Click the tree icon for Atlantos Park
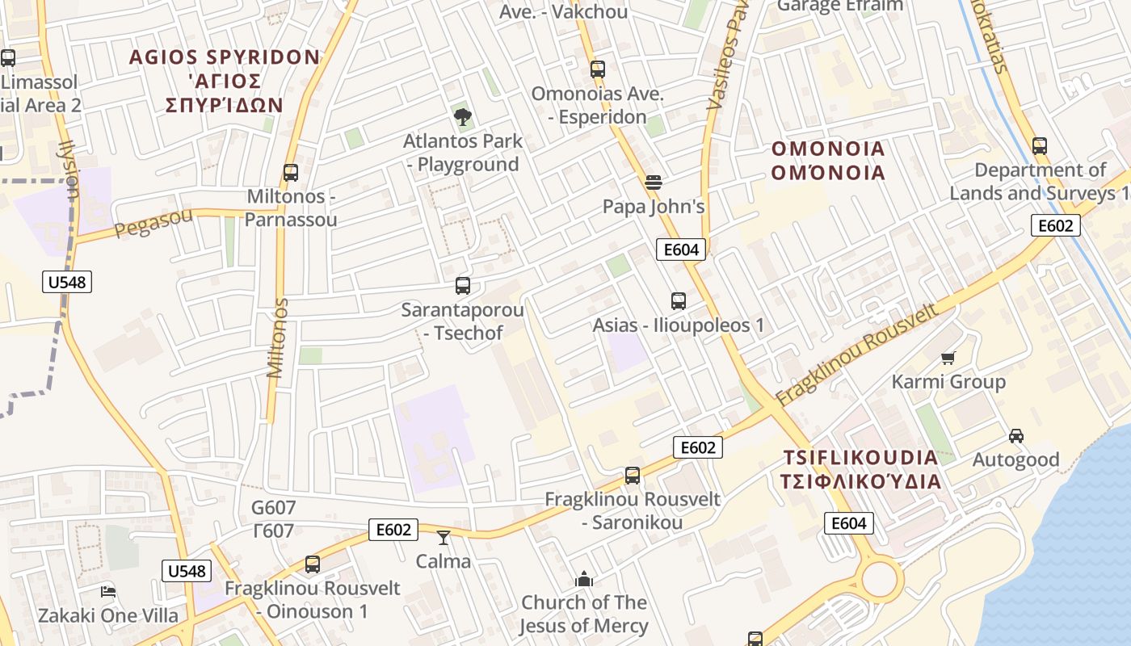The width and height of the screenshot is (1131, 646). [x=462, y=118]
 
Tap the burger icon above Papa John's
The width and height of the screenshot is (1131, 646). [x=654, y=182]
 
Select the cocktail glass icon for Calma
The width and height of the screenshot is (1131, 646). [x=443, y=537]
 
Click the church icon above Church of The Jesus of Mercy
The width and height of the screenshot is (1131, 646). [x=583, y=579]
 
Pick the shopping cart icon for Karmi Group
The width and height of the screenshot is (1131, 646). [x=948, y=358]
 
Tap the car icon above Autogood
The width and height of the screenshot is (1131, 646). [x=1016, y=436]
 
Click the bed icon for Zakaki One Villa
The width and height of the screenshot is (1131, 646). [x=107, y=592]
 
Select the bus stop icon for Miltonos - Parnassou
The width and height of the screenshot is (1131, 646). [x=291, y=173]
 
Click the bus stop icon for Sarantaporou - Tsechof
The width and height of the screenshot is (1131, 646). [x=463, y=286]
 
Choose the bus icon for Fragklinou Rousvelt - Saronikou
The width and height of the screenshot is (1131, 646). [x=633, y=476]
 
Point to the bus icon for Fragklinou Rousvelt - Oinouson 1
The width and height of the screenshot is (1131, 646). [x=313, y=564]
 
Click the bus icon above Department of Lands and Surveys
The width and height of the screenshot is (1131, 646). [x=1040, y=147]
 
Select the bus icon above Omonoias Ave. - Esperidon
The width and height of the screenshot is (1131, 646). [x=598, y=69]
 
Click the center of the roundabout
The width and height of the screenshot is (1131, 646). [x=880, y=580]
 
